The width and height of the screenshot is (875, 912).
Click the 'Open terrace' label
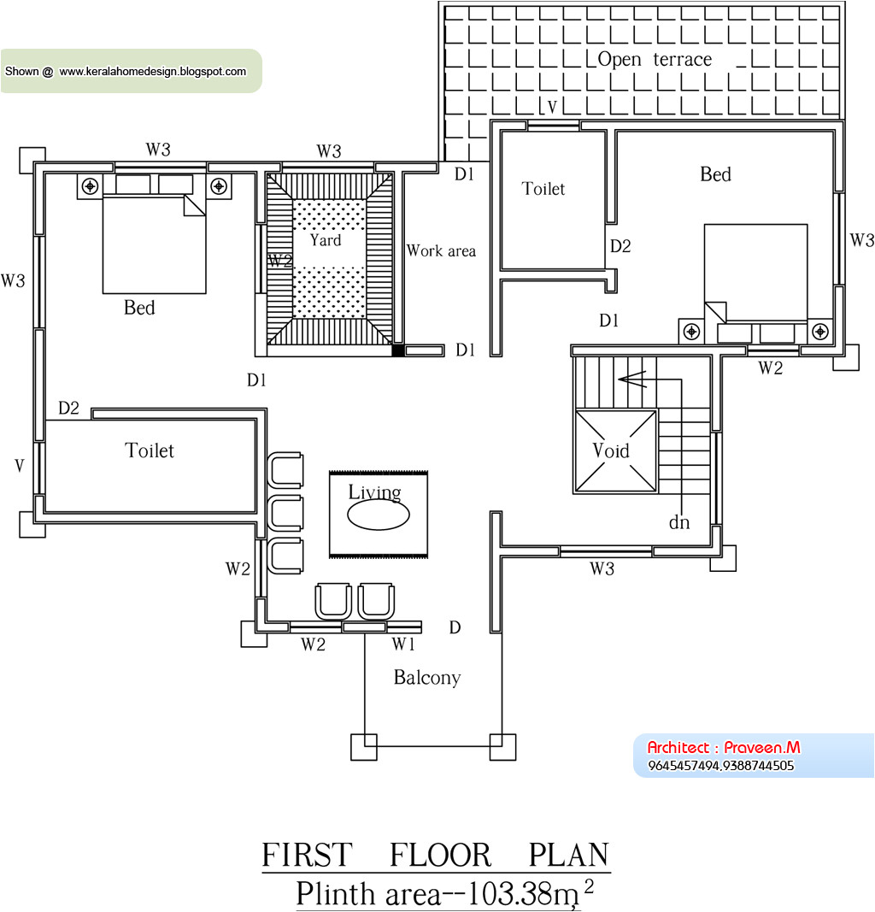pyautogui.click(x=655, y=59)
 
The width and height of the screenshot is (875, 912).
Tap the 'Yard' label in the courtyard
pyautogui.click(x=326, y=239)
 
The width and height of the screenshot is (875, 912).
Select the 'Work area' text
pyautogui.click(x=441, y=250)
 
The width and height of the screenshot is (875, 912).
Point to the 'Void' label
pyautogui.click(x=611, y=450)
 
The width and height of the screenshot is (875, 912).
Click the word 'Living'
pyautogui.click(x=374, y=492)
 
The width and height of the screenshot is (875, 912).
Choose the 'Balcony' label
pyautogui.click(x=427, y=678)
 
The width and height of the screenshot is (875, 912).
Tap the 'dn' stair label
pyautogui.click(x=679, y=522)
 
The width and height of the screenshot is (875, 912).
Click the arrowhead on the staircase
pyautogui.click(x=631, y=380)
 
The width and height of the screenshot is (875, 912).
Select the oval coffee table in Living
pyautogui.click(x=379, y=515)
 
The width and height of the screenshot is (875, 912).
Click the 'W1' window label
pyautogui.click(x=403, y=644)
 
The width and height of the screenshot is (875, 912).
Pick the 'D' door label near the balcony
pyautogui.click(x=455, y=627)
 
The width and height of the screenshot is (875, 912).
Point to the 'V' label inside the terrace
pyautogui.click(x=552, y=107)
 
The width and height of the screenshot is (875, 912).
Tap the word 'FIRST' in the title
pyautogui.click(x=307, y=855)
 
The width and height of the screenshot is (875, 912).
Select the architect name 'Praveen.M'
pyautogui.click(x=762, y=747)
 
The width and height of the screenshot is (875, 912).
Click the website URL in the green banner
pyautogui.click(x=153, y=72)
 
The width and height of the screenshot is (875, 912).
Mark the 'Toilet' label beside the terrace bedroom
pyautogui.click(x=543, y=188)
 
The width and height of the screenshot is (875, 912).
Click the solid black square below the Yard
pyautogui.click(x=397, y=350)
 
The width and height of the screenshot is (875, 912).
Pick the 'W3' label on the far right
pyautogui.click(x=861, y=240)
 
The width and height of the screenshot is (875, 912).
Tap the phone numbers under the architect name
pyautogui.click(x=721, y=766)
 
